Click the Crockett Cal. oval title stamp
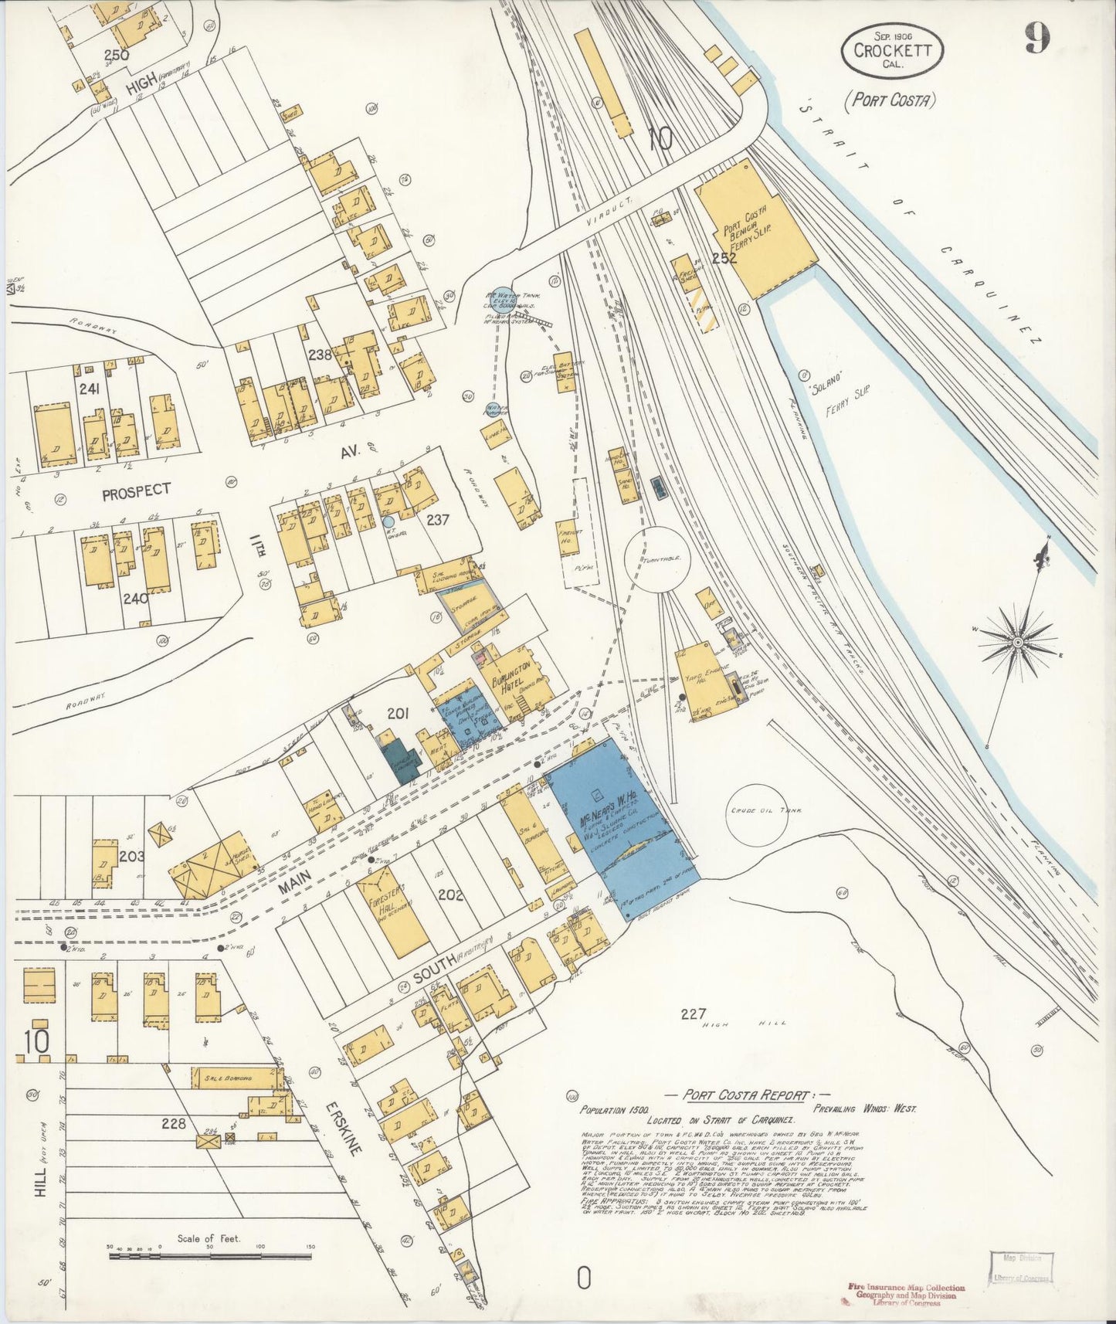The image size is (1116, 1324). (892, 49)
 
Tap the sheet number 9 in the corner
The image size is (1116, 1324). (1036, 39)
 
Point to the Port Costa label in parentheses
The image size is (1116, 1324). (890, 100)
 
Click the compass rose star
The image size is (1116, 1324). (1017, 640)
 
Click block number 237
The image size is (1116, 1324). (437, 519)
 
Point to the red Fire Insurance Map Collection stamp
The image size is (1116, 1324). (906, 1294)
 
